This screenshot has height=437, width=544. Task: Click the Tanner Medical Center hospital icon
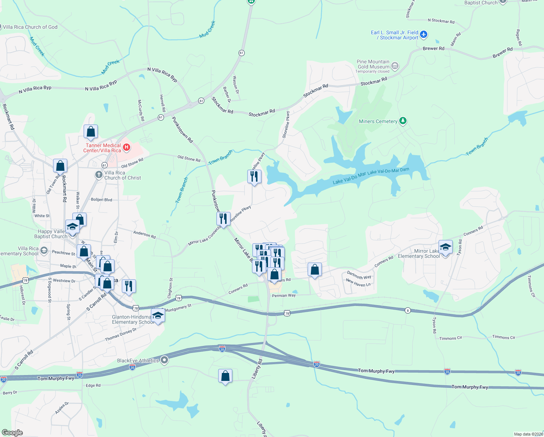point(127,147)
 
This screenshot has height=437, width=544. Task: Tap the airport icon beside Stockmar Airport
point(423,35)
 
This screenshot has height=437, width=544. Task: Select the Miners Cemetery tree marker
point(403,121)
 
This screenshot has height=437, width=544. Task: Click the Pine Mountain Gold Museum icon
point(395,66)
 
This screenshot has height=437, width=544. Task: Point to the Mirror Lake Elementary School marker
point(445,247)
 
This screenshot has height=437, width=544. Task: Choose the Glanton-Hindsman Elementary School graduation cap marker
point(158,316)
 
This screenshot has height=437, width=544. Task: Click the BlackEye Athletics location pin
point(164,360)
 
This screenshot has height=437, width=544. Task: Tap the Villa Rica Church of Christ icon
point(99,175)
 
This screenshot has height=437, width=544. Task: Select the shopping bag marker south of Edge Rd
point(225,376)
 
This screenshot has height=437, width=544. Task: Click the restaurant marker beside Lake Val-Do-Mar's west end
point(254,177)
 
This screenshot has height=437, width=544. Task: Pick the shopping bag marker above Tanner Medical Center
point(91,132)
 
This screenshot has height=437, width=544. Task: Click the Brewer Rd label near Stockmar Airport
point(433,48)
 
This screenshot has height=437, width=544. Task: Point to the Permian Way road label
point(284,295)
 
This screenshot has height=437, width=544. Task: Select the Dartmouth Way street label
point(359,275)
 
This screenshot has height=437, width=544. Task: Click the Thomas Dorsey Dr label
point(121,335)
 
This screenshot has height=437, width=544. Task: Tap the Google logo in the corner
point(12,433)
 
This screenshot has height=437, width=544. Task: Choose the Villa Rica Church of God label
point(30,27)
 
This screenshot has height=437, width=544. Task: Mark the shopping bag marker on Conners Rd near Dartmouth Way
point(315,269)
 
